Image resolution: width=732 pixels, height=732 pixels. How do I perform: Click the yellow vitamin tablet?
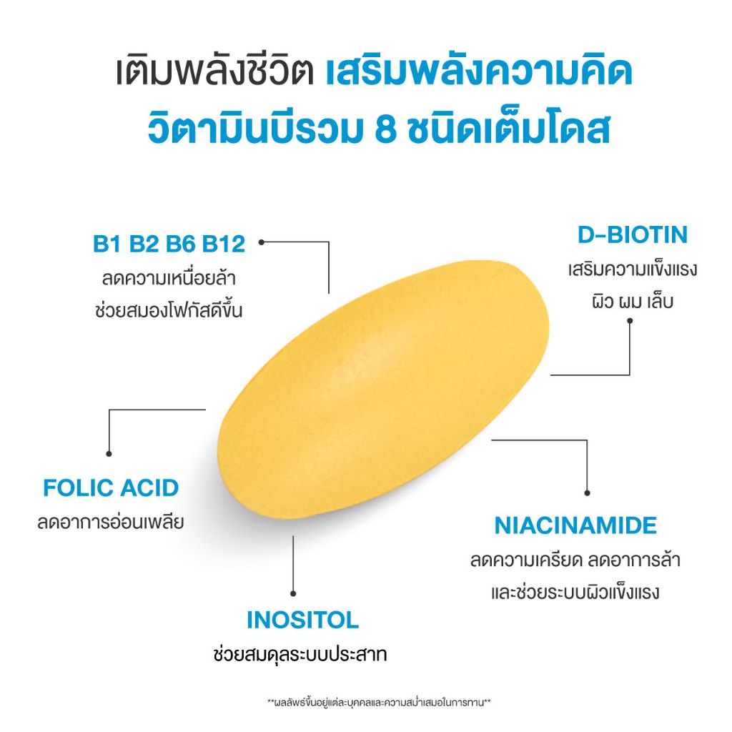pos(383,390)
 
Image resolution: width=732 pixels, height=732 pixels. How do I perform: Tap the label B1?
pos(107,244)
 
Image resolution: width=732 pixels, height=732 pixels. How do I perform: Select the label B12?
pos(223,244)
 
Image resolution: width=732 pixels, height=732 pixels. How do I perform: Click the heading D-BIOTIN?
pos(633,234)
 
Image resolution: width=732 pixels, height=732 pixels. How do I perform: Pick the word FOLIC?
pos(79,488)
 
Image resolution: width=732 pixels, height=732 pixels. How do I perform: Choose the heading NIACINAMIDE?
pos(575,525)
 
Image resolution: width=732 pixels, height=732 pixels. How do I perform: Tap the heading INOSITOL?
pos(302,620)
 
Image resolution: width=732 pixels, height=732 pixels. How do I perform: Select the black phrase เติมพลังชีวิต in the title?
pos(214,72)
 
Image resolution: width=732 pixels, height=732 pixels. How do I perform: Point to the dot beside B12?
pos(262,242)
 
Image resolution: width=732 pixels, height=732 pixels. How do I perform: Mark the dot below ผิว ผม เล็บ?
pos(630,321)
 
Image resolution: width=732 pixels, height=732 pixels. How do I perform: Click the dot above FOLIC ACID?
pos(109,454)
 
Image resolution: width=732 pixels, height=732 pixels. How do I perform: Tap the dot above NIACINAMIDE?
pos(588,493)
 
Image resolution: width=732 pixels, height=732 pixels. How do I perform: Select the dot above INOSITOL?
pos(293,594)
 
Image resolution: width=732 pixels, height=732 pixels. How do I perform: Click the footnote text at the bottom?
pos(379,703)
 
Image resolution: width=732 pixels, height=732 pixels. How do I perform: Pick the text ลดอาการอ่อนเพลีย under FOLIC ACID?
pos(111,522)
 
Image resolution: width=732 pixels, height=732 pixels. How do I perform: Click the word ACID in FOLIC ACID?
pos(149,488)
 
